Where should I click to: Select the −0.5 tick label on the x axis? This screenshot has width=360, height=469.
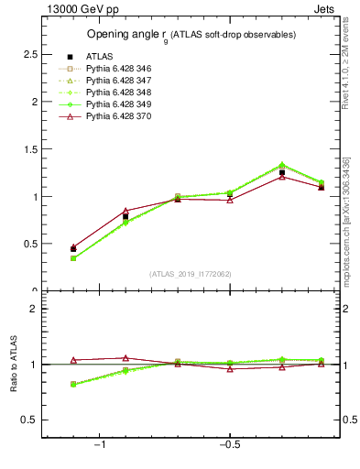[x=228, y=445]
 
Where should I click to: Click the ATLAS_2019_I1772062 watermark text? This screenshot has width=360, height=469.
[x=191, y=274]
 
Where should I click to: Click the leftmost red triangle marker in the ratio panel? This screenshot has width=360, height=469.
[x=73, y=360]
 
